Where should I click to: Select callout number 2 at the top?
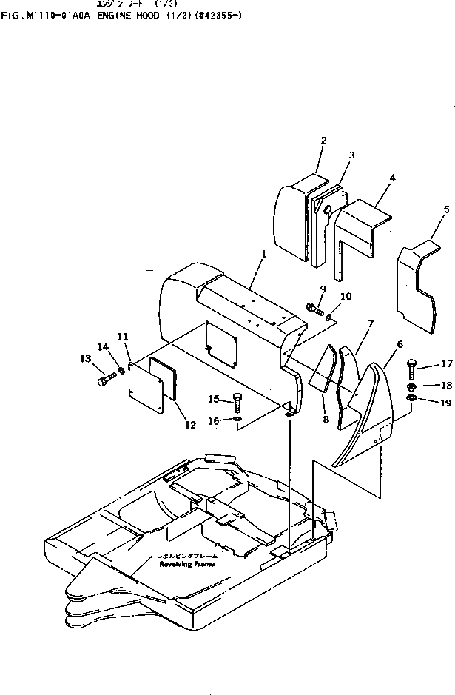click(324, 140)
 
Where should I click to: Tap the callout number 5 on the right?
click(446, 210)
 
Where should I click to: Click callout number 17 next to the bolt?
click(446, 363)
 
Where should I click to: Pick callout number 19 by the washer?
click(446, 403)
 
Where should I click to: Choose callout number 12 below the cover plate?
click(190, 425)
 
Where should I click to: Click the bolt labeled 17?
click(411, 366)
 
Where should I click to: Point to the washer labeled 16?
click(236, 420)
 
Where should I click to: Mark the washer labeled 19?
click(411, 400)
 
